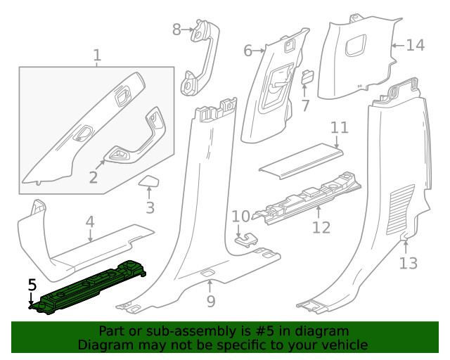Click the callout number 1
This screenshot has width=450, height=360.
97,55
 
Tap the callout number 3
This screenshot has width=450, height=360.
150,207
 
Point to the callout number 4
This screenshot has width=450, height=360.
90,222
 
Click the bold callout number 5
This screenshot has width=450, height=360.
32,285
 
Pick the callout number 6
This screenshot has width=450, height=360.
247,51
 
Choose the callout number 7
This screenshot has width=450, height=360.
305,105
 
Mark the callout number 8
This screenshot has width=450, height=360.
176,29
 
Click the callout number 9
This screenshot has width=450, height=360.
210,302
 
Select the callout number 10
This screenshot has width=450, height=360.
240,216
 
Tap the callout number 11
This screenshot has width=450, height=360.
340,128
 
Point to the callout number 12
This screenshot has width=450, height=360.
321,227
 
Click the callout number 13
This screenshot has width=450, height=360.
408,263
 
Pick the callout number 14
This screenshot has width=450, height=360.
415,45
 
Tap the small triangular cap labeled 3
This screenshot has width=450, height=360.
150,183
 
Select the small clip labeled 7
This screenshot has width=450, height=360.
307,77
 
